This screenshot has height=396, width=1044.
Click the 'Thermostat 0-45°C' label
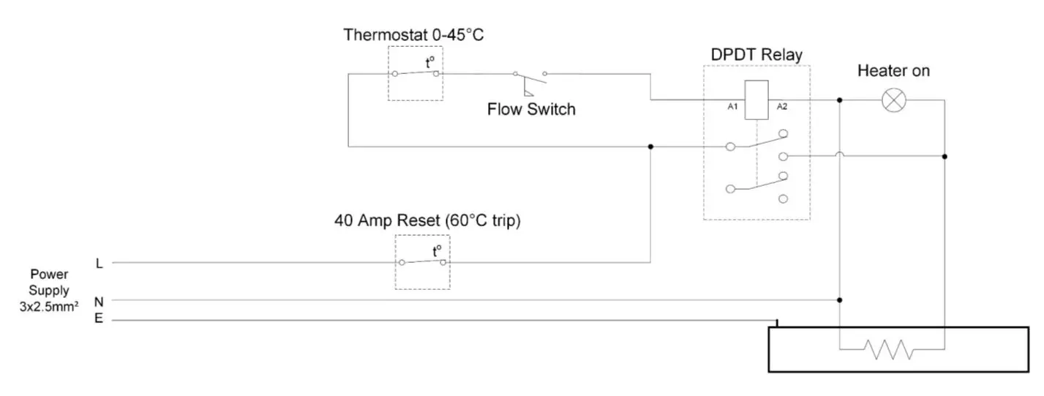413,35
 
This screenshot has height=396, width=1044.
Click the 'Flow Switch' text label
531,110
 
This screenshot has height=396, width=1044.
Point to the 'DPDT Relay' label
756,55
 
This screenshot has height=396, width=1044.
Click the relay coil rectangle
756,99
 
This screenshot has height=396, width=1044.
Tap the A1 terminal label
732,107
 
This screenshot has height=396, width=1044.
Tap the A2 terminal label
781,107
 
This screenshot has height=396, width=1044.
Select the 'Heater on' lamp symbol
893,100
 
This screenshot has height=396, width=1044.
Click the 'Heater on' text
893,71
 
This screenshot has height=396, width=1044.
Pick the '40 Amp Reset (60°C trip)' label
427,221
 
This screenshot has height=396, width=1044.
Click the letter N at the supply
99,301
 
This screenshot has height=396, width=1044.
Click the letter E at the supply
99,318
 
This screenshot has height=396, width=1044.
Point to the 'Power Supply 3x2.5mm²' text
49,291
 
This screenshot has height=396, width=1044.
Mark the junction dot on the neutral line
839,300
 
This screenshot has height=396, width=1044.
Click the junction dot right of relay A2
839,100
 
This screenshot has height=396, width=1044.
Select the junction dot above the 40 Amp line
650,146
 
